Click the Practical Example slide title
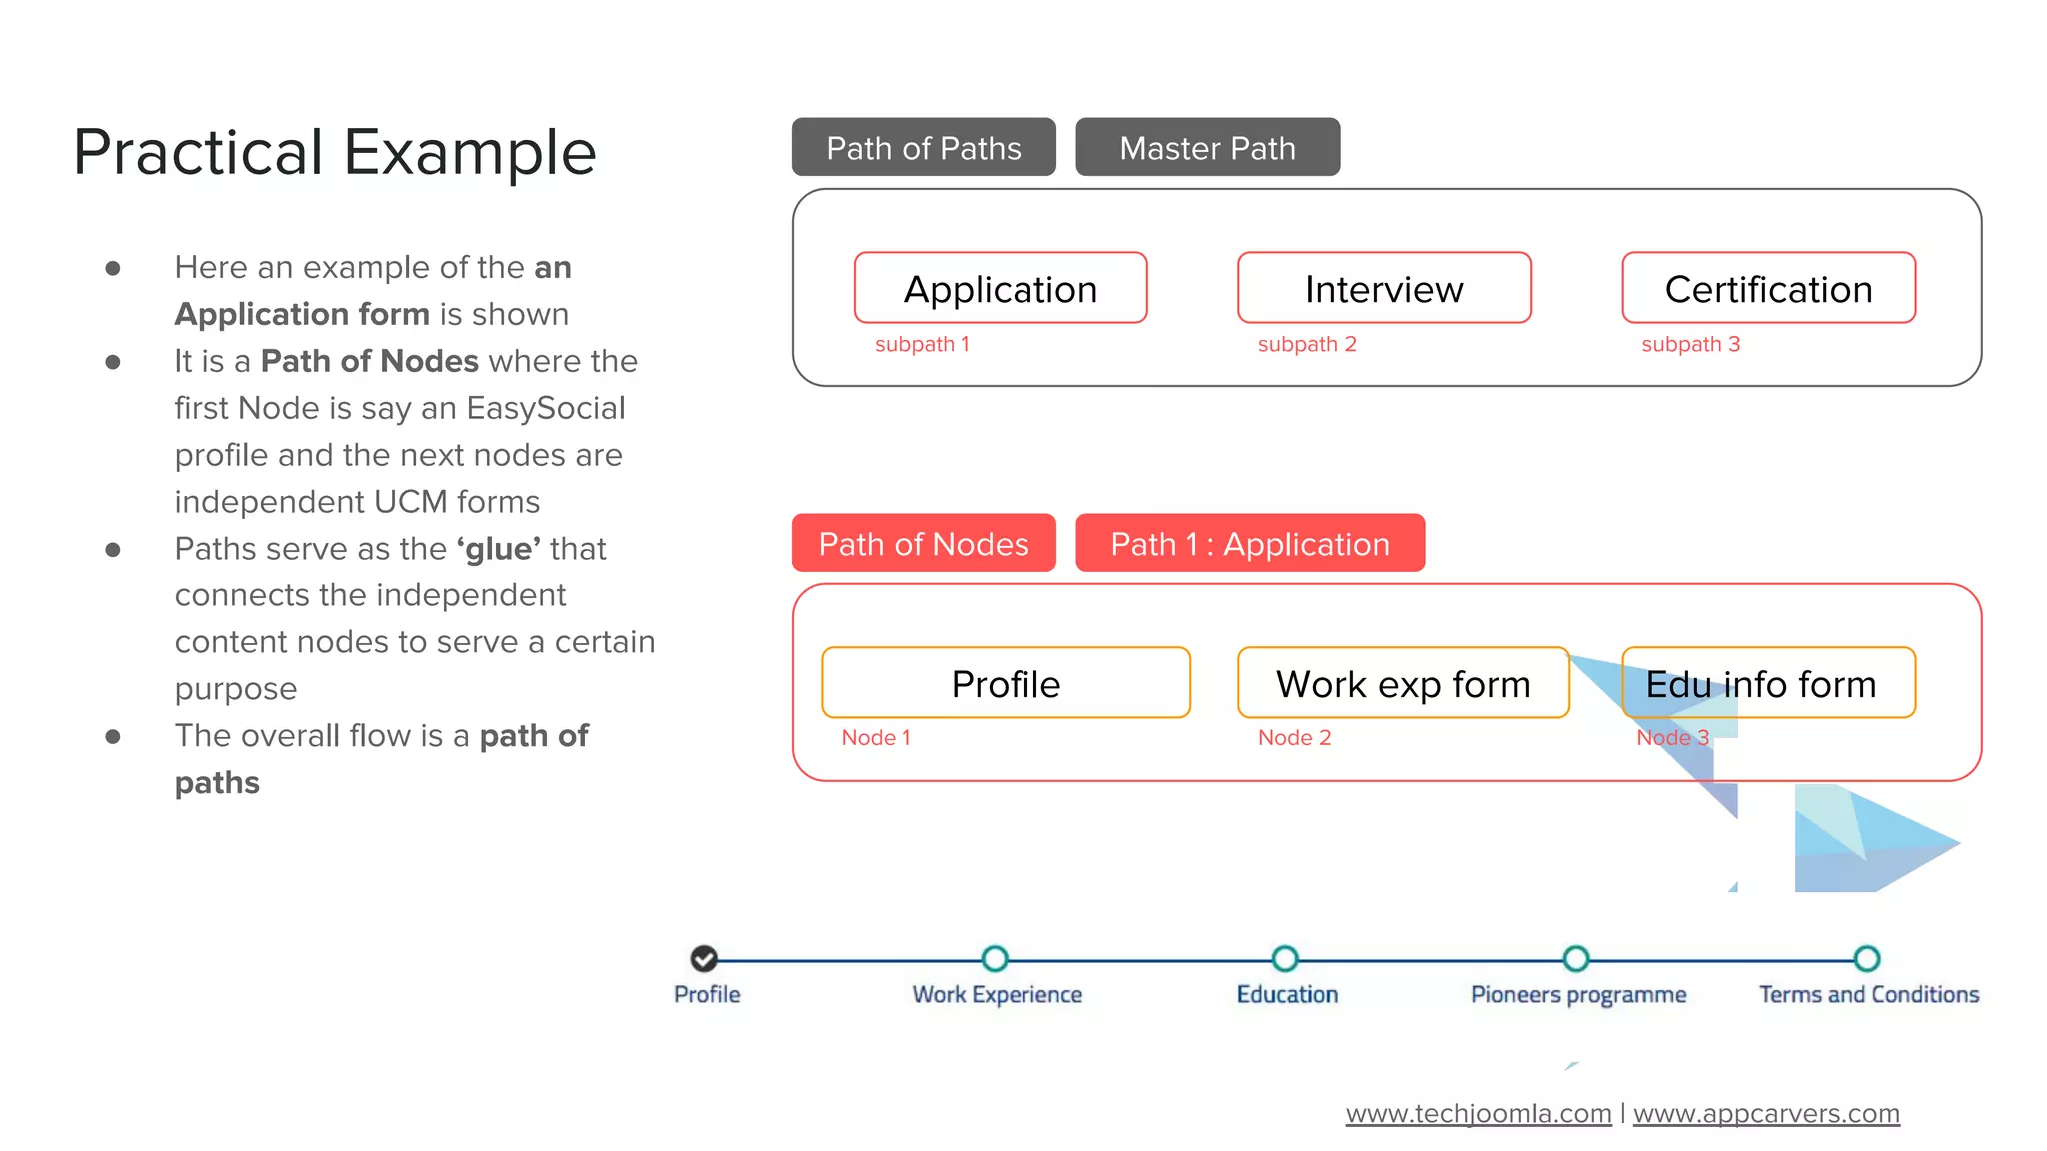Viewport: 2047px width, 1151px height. [334, 153]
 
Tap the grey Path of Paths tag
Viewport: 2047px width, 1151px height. [923, 148]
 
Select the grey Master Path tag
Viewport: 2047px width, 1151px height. [1207, 148]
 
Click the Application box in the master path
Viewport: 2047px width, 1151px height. [1001, 288]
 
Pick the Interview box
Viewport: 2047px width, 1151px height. [1384, 288]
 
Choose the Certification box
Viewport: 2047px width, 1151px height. [1768, 288]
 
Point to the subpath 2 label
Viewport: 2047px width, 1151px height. [1307, 344]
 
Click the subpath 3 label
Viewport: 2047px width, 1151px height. [1690, 344]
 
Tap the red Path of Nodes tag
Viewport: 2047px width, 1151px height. [923, 543]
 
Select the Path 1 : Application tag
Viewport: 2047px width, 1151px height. [1249, 543]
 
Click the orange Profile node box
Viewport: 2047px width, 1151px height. [1006, 683]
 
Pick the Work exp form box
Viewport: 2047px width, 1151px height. [1403, 683]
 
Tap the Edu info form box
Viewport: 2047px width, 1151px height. [1768, 683]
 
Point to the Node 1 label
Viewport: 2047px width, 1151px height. [876, 737]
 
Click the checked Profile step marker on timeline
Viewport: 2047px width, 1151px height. [704, 959]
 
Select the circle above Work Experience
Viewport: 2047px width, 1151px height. [995, 959]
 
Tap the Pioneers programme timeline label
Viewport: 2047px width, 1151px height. [1578, 994]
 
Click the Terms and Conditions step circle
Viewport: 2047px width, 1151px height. [1867, 959]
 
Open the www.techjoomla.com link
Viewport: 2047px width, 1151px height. [1478, 1113]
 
